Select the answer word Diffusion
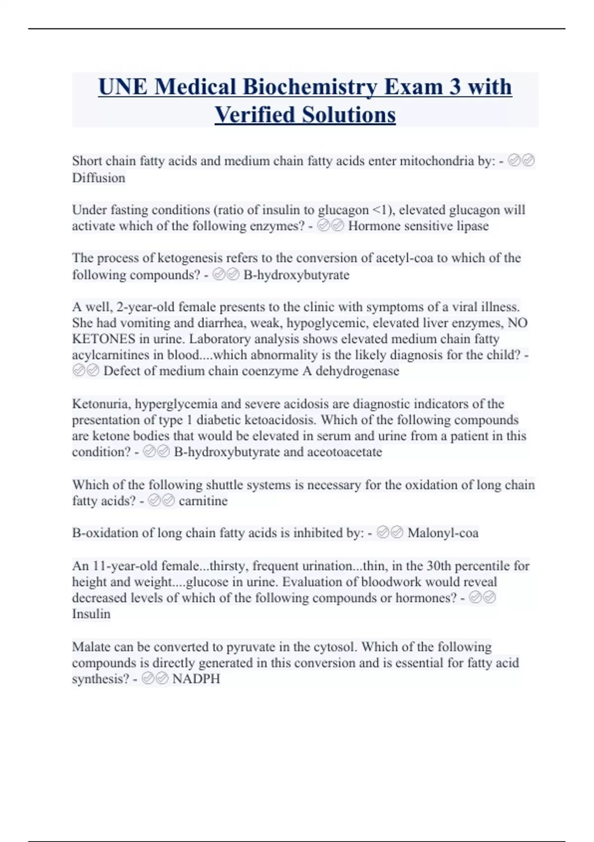(x=99, y=177)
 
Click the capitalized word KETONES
(x=103, y=339)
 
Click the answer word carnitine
(x=203, y=501)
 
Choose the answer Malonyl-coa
(x=443, y=533)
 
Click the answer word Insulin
(x=91, y=614)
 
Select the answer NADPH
(x=196, y=679)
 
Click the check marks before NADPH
(x=155, y=679)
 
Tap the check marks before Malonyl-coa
(x=390, y=533)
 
